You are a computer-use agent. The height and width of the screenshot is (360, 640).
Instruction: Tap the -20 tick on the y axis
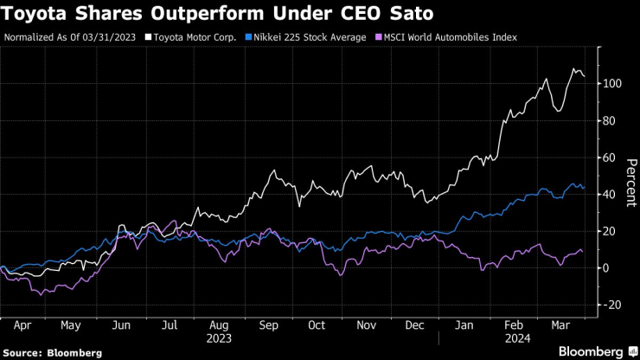613,305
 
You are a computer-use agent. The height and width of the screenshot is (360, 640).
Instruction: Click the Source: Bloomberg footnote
53,353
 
